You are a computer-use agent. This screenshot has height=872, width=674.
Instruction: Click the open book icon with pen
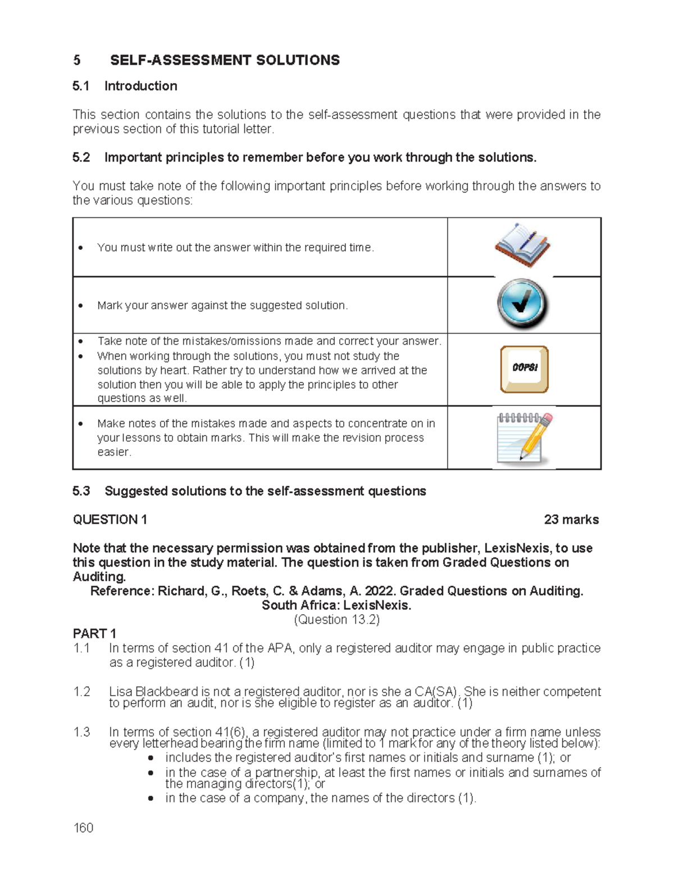click(522, 245)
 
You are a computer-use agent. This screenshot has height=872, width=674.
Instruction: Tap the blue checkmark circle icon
click(522, 304)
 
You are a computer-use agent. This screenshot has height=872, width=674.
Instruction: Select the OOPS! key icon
click(524, 369)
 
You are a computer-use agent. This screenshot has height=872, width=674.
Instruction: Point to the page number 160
click(83, 828)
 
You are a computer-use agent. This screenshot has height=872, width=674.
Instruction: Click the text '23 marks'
click(571, 519)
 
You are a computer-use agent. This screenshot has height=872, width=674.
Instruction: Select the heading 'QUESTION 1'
click(110, 519)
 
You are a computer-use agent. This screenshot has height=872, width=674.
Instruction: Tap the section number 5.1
click(81, 86)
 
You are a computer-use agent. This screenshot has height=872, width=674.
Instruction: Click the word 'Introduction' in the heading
click(140, 86)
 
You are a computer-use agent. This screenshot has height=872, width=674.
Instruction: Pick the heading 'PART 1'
click(94, 633)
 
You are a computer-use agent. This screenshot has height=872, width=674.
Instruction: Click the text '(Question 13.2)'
click(337, 619)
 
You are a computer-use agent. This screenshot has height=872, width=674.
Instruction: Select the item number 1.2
click(81, 691)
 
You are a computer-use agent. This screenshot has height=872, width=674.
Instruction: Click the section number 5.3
click(81, 491)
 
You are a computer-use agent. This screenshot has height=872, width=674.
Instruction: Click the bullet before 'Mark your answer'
click(81, 306)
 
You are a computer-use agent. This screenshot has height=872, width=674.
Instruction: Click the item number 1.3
click(81, 732)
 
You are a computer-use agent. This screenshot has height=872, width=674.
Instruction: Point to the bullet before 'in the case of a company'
click(151, 798)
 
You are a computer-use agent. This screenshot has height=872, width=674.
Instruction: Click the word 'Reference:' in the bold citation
click(122, 591)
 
